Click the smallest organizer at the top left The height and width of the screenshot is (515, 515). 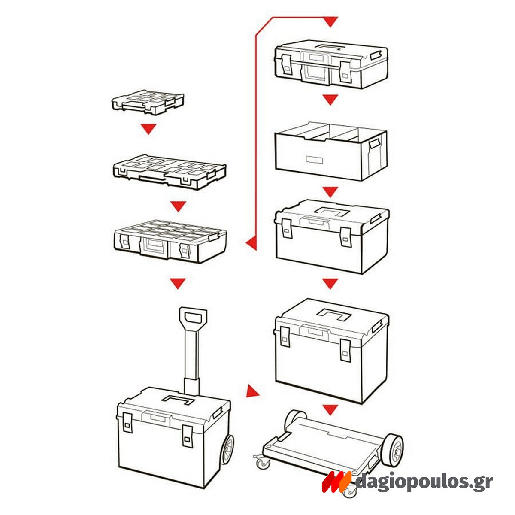tap(148, 103)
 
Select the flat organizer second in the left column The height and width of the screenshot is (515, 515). tap(169, 171)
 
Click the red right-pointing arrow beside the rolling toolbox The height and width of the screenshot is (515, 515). tap(253, 391)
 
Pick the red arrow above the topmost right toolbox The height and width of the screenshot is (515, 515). tap(330, 21)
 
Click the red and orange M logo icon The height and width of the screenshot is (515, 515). tap(337, 482)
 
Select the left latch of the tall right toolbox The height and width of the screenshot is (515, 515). tap(285, 336)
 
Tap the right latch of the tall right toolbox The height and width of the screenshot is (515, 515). tap(345, 350)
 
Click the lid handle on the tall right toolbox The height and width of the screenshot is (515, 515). tap(334, 314)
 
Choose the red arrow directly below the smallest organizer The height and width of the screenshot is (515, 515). tap(148, 129)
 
